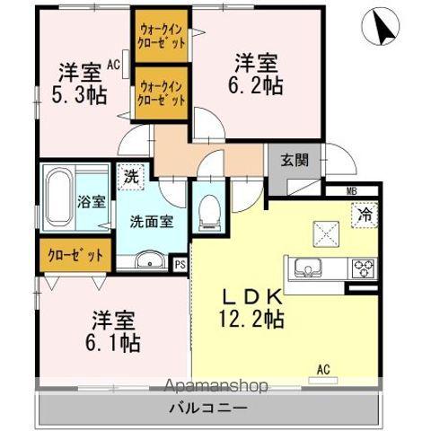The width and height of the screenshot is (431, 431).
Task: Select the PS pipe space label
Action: click(x=180, y=264)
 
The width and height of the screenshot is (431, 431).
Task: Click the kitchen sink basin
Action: click(x=304, y=266)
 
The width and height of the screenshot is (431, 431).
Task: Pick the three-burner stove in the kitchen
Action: click(x=364, y=267)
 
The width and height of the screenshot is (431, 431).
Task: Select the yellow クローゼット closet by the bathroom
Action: click(x=75, y=253)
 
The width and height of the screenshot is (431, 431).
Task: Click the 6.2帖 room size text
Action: click(x=253, y=86)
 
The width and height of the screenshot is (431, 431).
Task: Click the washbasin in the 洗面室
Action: click(x=149, y=261)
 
